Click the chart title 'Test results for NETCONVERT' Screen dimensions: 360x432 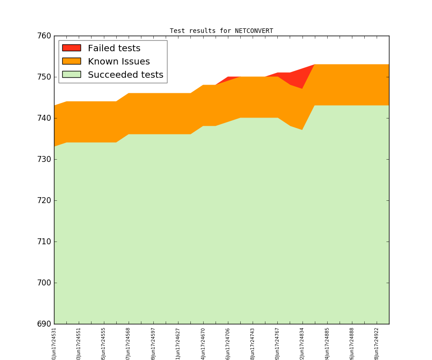click(221, 31)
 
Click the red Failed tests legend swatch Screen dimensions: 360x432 click(71, 48)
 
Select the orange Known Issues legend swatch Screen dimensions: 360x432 click(71, 61)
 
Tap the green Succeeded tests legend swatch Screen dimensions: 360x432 click(71, 75)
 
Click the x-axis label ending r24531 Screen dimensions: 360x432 click(54, 343)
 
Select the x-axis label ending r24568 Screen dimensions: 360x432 click(129, 343)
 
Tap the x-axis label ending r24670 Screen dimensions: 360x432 click(203, 343)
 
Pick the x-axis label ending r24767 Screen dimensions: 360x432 click(277, 343)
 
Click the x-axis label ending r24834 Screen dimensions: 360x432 click(302, 343)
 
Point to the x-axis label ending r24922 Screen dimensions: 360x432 click(377, 343)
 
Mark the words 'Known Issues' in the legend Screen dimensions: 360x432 click(119, 61)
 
